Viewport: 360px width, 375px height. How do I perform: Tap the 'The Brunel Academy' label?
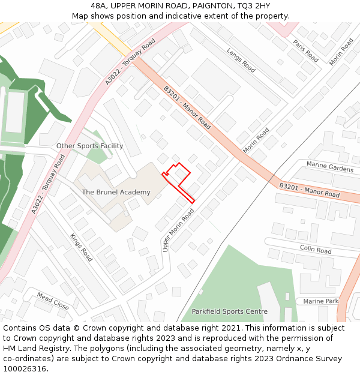click(x=116, y=192)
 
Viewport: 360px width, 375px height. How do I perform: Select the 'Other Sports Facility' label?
click(x=89, y=146)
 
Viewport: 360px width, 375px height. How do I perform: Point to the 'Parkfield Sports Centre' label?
click(x=229, y=311)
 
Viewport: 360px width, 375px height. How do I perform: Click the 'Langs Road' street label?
click(x=241, y=61)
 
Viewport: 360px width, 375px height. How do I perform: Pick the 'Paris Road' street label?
click(x=305, y=51)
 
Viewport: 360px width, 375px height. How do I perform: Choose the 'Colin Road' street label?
click(x=316, y=250)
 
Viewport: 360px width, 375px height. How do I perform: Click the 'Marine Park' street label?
click(x=320, y=301)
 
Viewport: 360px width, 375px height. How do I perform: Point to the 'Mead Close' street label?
click(x=53, y=301)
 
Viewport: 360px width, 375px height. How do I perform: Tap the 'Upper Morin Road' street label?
click(x=178, y=230)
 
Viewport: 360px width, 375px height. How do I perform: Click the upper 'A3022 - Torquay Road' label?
click(x=130, y=62)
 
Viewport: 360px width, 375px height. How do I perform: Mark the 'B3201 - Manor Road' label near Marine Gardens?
click(x=309, y=190)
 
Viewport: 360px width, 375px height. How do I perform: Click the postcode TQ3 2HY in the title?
click(x=253, y=5)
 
